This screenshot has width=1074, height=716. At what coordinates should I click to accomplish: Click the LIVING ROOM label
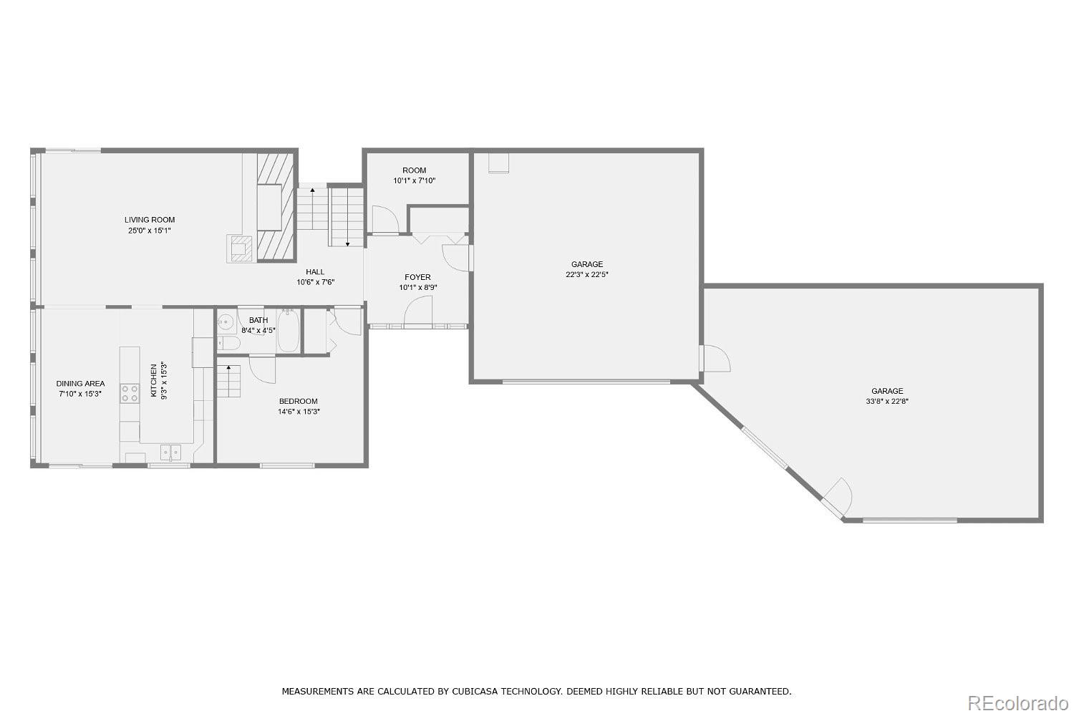coord(150,220)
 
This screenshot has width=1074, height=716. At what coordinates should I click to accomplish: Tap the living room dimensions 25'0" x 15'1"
coord(150,231)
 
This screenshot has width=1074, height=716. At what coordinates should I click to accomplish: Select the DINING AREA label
coord(80,384)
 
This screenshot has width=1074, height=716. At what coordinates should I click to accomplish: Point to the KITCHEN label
coord(153,380)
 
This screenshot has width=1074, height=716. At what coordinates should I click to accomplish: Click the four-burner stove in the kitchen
coord(130,394)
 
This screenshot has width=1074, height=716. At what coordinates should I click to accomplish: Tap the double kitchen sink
coord(170,452)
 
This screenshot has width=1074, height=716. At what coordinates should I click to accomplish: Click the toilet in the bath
coord(228,343)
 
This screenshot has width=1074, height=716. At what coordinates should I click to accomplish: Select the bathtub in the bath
coord(288,331)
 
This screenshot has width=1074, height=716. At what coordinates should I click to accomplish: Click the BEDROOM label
coord(299,401)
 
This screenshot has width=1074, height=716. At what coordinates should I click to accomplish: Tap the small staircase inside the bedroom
coord(228,381)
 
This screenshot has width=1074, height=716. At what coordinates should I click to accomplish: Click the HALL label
coord(315,272)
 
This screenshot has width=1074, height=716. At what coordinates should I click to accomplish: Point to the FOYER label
coord(417,277)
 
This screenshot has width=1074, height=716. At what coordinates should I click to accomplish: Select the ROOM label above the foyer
coord(415,170)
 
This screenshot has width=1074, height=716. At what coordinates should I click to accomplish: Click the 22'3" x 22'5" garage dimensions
coord(587,275)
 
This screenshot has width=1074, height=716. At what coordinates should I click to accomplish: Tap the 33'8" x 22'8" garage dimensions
coord(887,402)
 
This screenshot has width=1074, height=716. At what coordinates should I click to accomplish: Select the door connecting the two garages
coord(715,358)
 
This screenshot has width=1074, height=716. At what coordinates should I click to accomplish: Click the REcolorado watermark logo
coord(1017,703)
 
